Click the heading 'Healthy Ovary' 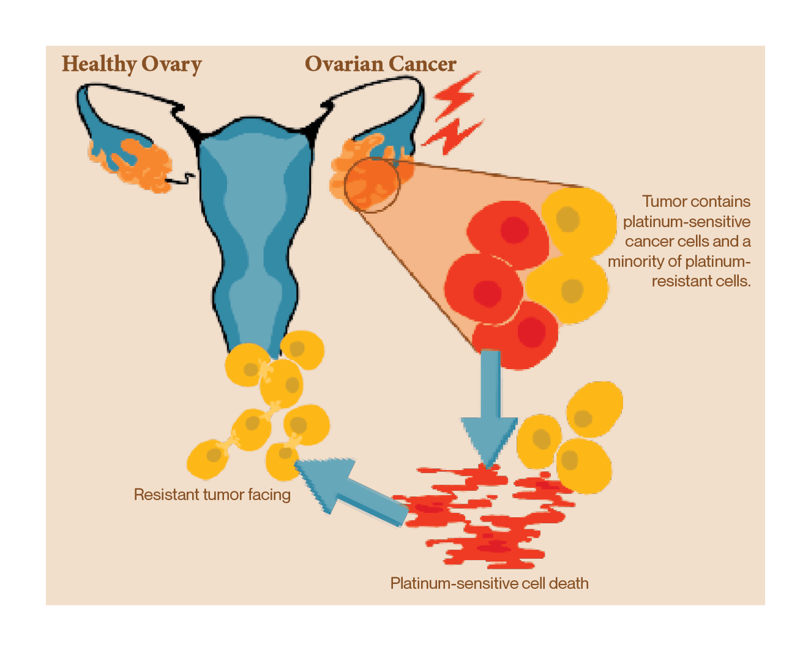point(132,64)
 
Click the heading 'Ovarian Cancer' point(380,64)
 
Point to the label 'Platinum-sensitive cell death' point(489,583)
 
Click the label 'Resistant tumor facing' point(212,495)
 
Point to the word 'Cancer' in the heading point(422,64)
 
